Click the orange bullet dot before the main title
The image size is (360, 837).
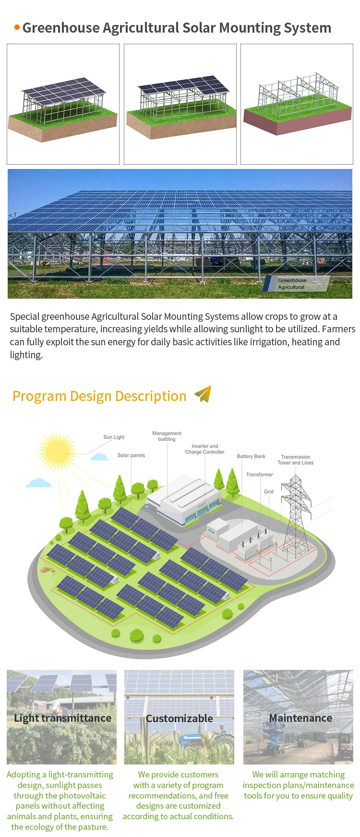click(x=17, y=27)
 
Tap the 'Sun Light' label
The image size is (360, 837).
click(x=114, y=437)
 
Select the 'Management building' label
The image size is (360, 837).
click(x=167, y=436)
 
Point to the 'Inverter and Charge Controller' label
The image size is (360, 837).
click(x=205, y=449)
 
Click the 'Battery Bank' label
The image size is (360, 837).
click(x=251, y=456)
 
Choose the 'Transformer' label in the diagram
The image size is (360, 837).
click(x=259, y=474)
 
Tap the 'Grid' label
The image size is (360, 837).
click(x=268, y=492)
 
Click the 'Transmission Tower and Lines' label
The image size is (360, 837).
click(x=295, y=460)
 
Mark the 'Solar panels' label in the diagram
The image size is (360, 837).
click(x=131, y=455)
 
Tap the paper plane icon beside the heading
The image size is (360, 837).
click(x=203, y=394)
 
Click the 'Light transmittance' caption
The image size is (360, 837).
click(x=62, y=718)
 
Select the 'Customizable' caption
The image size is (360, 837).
click(x=179, y=718)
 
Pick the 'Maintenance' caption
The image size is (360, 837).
click(x=300, y=718)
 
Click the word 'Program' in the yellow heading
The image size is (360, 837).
click(x=39, y=396)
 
